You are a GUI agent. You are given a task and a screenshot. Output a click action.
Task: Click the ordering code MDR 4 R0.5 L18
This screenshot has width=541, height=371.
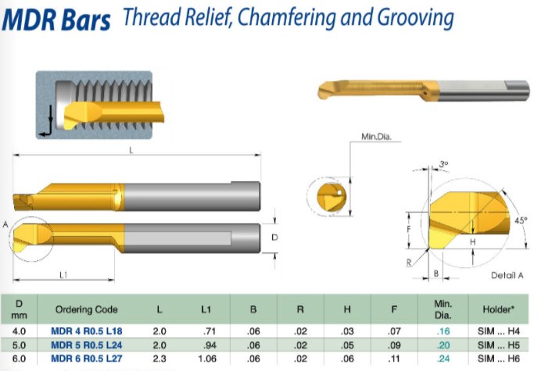point(87,331)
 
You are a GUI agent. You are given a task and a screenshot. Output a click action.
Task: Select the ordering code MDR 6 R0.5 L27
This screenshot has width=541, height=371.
point(87,359)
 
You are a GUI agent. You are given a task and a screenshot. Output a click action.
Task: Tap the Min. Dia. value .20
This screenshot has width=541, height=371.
point(443,345)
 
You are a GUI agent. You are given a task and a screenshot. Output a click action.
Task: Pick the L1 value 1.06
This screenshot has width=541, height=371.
point(207,359)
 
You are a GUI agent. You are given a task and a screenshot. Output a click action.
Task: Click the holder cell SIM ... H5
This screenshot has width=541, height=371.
point(499,345)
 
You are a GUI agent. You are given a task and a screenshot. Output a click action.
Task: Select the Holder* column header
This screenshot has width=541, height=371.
point(499,309)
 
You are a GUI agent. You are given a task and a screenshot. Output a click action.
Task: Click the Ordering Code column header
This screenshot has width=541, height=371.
point(87,309)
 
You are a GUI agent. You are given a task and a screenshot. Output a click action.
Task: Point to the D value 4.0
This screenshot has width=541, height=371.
point(19,331)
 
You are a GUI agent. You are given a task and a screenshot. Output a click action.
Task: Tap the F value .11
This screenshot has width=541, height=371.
point(394,359)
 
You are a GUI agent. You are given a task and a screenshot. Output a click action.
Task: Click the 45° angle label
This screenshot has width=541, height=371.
point(521,220)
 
